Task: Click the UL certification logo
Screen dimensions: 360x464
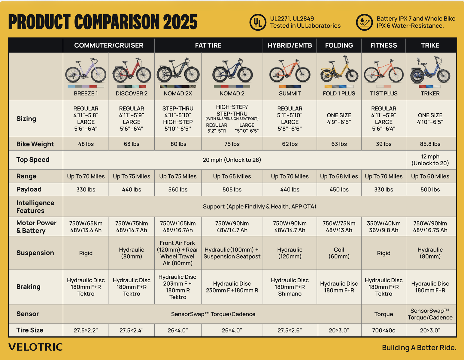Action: pyautogui.click(x=257, y=22)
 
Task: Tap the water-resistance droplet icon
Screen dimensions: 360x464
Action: pyautogui.click(x=364, y=22)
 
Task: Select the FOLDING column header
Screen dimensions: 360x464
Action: pyautogui.click(x=339, y=45)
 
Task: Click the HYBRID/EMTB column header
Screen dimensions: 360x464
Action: pyautogui.click(x=290, y=45)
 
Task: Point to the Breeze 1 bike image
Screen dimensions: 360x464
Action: pyautogui.click(x=86, y=71)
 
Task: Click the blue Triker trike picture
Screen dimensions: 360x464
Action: pyautogui.click(x=430, y=71)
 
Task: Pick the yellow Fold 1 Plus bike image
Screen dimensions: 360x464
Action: pyautogui.click(x=339, y=70)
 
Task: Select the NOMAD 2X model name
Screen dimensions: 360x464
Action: pyautogui.click(x=178, y=94)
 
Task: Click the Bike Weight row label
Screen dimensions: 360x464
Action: pyautogui.click(x=35, y=144)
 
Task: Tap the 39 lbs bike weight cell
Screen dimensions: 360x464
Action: pyautogui.click(x=384, y=144)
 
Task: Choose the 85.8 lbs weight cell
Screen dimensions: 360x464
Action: pyautogui.click(x=430, y=144)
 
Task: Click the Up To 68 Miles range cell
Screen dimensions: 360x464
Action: pyautogui.click(x=339, y=176)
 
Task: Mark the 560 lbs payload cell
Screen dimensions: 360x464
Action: pyautogui.click(x=178, y=190)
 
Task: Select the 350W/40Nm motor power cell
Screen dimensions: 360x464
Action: pyautogui.click(x=384, y=227)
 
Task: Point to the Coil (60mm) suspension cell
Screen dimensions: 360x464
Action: pyautogui.click(x=339, y=253)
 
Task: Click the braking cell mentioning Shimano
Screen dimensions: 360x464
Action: pyautogui.click(x=290, y=287)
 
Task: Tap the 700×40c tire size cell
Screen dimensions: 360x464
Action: pyautogui.click(x=384, y=330)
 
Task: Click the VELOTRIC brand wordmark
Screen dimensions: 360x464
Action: pyautogui.click(x=35, y=347)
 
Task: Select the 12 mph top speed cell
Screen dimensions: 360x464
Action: pyautogui.click(x=430, y=160)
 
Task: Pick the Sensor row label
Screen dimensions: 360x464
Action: pyautogui.click(x=28, y=314)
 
